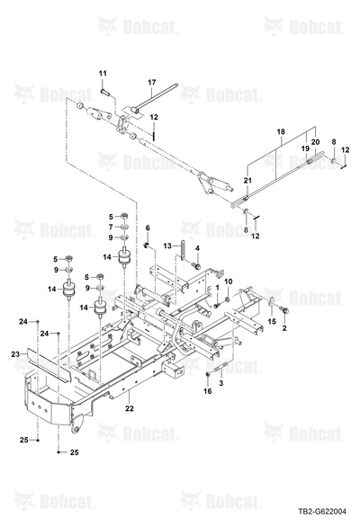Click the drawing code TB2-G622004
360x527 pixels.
(322, 512)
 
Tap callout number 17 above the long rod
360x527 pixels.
(152, 83)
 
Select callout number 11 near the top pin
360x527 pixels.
(103, 73)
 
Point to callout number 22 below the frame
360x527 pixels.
(130, 408)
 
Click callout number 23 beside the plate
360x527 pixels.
(15, 354)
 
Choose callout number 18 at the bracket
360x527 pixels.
(281, 131)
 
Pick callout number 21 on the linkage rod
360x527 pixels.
(247, 181)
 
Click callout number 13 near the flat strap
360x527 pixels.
(167, 246)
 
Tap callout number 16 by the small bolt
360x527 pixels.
(208, 391)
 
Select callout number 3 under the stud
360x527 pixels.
(221, 383)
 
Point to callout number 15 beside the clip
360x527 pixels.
(272, 322)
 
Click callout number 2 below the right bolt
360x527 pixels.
(284, 328)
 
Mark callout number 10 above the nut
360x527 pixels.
(228, 281)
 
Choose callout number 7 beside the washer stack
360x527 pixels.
(111, 227)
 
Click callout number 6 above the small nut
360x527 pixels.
(148, 228)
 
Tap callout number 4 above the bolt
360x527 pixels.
(197, 248)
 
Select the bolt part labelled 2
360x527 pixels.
(284, 311)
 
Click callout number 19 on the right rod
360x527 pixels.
(305, 148)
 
